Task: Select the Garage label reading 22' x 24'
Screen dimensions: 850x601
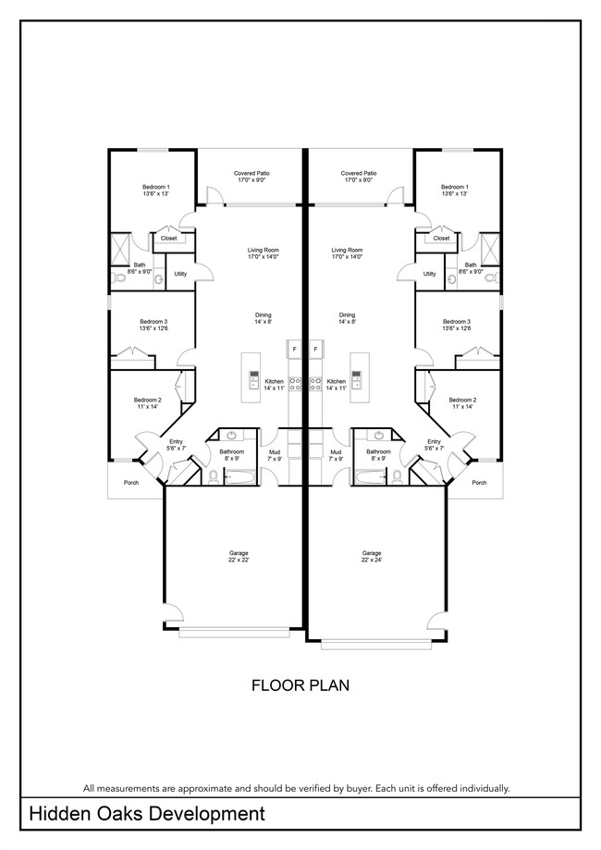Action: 372,556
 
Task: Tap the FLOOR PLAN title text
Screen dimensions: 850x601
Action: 300,685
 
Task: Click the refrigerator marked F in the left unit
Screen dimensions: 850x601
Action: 294,349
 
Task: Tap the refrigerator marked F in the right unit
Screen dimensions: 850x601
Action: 316,349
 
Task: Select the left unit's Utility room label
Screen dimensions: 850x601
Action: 180,274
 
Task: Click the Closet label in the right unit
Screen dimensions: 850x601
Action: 441,238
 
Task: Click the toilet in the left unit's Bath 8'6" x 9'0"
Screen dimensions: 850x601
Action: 118,278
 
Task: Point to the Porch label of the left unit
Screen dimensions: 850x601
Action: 131,482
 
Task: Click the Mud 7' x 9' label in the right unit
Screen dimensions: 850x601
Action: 336,455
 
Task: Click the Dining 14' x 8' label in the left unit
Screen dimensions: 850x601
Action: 264,318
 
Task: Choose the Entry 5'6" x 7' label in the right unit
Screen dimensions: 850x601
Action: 435,445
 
